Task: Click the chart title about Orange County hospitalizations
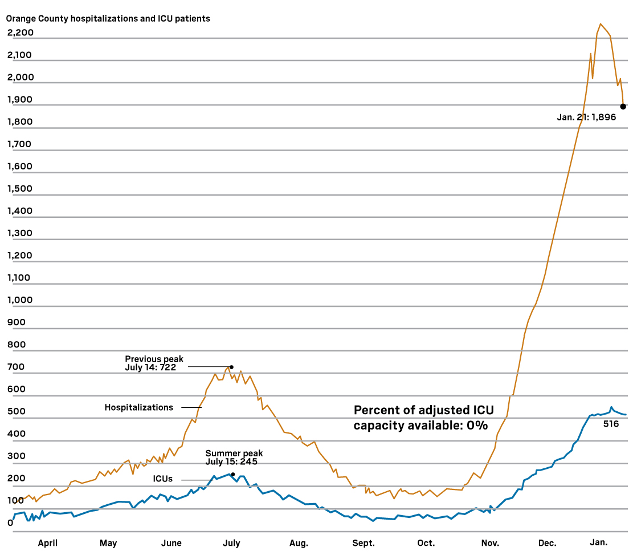coord(108,19)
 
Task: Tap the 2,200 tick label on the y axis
coord(21,33)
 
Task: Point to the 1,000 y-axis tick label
coord(21,300)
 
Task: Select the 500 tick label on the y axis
coord(17,412)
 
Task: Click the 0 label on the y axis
coord(10,522)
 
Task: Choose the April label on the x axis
coord(48,543)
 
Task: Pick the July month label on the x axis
coord(232,543)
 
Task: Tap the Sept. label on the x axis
coord(363,543)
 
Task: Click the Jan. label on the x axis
coord(598,543)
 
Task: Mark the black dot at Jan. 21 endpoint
coord(623,106)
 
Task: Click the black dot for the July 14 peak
coord(231,367)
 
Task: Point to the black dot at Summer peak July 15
coord(232,474)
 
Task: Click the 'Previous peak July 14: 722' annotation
coord(154,363)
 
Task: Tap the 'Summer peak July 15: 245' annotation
coord(234,457)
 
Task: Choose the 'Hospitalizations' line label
coord(138,407)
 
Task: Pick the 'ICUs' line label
coord(162,479)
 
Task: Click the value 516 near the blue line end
coord(611,424)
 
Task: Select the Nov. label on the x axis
coord(490,543)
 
